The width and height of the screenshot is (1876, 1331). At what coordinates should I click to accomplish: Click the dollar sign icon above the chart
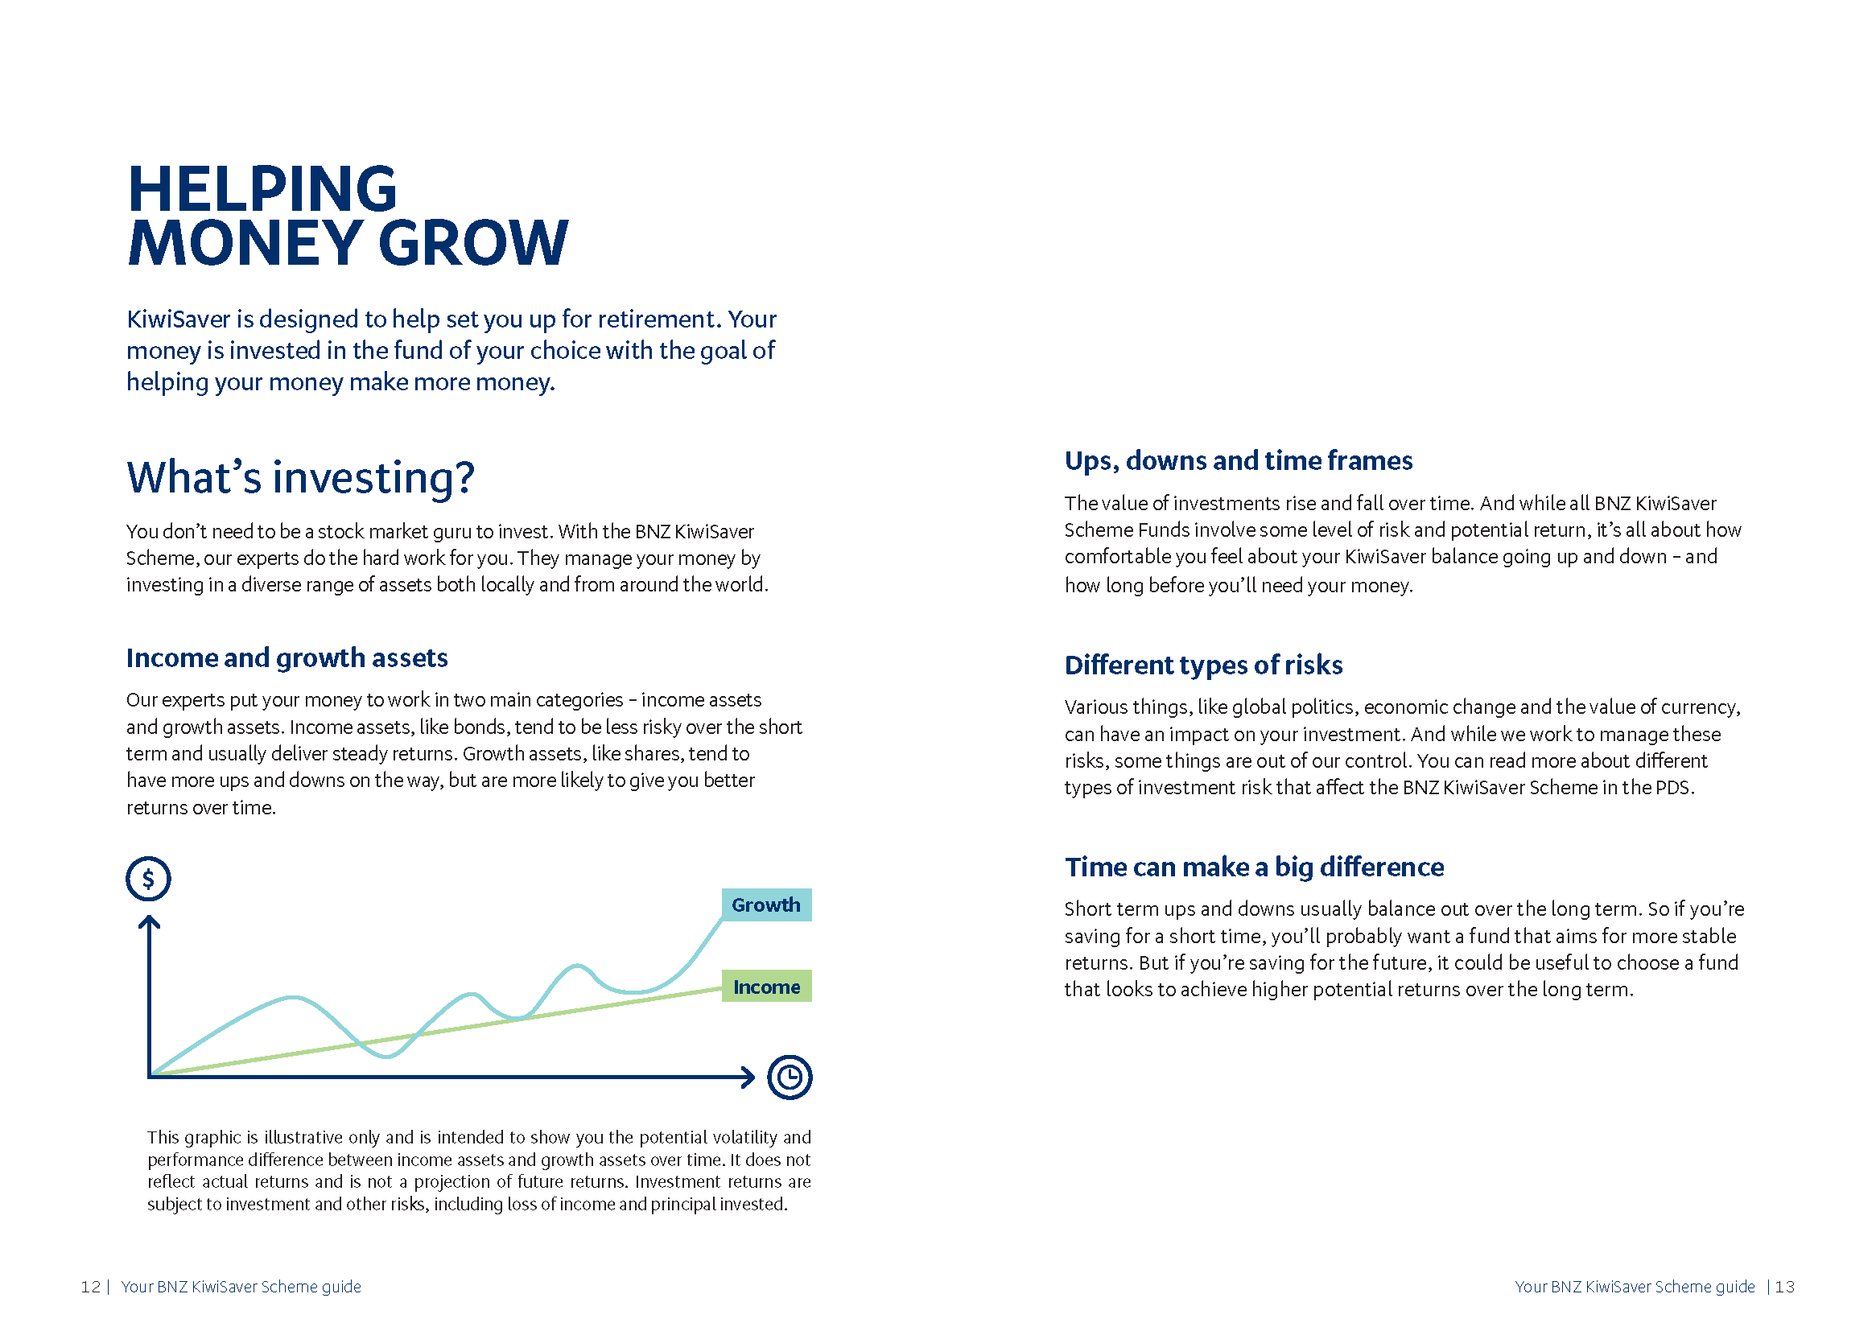pos(148,880)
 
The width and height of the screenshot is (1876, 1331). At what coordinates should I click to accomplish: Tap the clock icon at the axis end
pos(790,1077)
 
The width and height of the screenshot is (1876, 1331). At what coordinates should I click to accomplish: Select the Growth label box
pos(765,905)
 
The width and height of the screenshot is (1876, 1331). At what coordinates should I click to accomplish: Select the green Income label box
pos(765,987)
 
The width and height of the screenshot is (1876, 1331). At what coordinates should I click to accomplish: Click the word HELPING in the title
pos(262,189)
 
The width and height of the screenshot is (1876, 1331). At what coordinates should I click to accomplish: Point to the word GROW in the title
pos(473,245)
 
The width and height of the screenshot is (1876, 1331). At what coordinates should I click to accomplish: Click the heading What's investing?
pos(300,477)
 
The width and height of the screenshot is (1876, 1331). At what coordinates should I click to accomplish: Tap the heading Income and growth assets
pos(287,658)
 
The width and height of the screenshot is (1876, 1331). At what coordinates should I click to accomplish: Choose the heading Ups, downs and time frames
pos(1238,460)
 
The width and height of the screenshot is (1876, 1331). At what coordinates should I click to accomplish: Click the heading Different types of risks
pos(1202,665)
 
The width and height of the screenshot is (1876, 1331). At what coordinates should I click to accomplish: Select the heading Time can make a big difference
pos(1253,867)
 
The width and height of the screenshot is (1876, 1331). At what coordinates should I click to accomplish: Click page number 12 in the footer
pos(90,1287)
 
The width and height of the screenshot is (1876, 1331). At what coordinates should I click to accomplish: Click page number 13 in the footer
pos(1784,1287)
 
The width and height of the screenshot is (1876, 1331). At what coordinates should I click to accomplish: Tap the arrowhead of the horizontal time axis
pos(748,1077)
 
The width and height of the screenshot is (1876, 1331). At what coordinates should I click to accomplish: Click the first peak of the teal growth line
pos(293,997)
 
